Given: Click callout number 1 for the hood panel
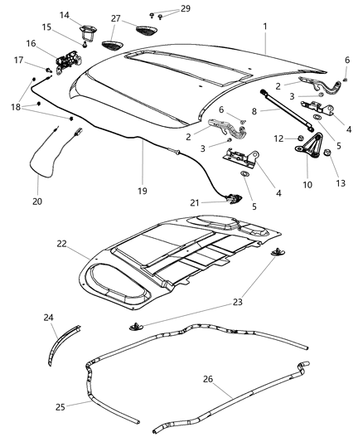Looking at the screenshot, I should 265,27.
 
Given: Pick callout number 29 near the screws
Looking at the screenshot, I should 186,8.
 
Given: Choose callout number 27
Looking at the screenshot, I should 115,19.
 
